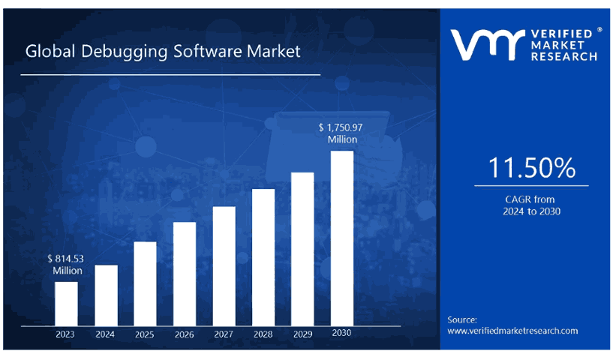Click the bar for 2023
coord(66,303)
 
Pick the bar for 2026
coord(185,274)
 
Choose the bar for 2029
coord(302,249)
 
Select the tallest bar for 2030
coord(342,238)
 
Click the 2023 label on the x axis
coord(66,334)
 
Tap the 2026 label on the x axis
coord(185,334)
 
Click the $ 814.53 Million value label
coord(66,264)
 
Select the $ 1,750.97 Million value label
coord(342,133)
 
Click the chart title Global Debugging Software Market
coord(163,52)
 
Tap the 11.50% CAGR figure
coord(532,168)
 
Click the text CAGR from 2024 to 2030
coord(532,205)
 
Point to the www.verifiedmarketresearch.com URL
coord(512,331)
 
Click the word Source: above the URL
coord(462,319)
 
